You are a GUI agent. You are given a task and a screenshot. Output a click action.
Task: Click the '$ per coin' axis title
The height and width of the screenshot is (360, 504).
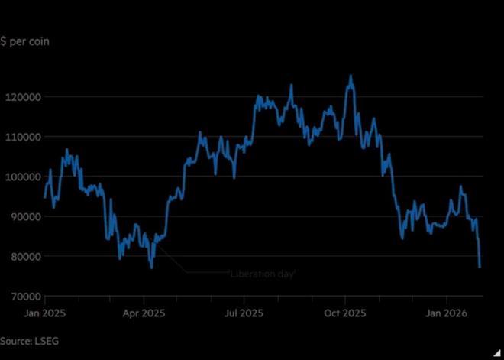25,41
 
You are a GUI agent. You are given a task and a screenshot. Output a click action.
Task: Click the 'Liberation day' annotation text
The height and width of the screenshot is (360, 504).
263,273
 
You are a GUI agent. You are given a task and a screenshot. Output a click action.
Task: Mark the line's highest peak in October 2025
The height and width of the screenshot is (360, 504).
351,76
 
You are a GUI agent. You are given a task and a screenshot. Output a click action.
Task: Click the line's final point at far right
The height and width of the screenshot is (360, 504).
480,267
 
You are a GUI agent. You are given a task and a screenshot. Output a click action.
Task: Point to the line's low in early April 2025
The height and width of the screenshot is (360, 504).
151,268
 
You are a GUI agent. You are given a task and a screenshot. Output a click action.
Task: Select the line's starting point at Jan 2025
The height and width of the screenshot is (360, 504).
44,197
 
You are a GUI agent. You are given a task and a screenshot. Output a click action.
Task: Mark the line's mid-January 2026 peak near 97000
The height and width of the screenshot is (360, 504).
460,186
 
